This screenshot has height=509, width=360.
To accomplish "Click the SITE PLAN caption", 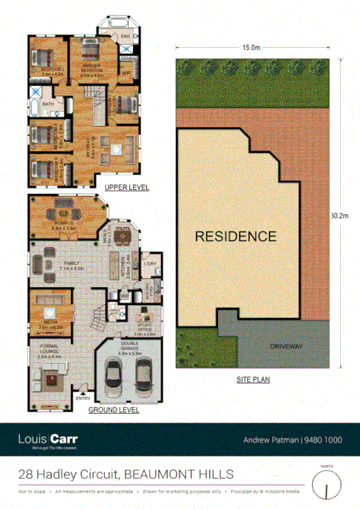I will tap(253, 381).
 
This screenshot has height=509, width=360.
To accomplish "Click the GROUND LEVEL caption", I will tap(113, 410).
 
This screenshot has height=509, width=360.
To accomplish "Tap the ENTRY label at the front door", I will tap(83, 399).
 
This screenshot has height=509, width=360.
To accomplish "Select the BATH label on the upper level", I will tap(48, 103).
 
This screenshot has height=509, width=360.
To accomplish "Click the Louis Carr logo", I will tap(47, 439).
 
